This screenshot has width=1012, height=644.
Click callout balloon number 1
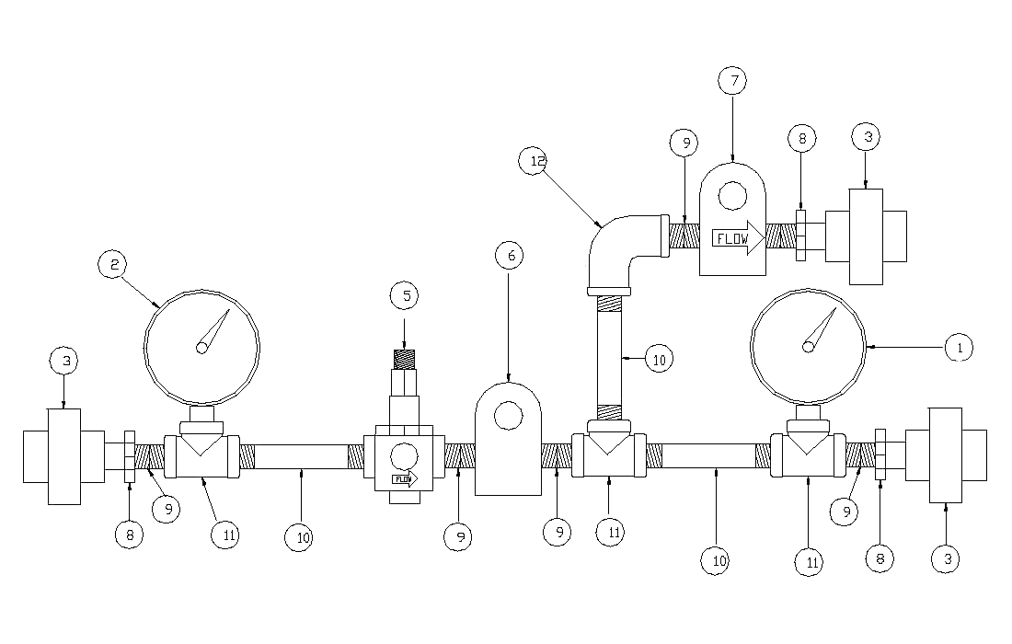pos(959,348)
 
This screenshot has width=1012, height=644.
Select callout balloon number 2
pos(113,265)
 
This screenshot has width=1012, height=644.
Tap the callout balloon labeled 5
pos(404,296)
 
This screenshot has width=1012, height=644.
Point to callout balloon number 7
pos(732,81)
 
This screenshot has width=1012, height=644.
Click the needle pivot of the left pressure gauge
pos(201,347)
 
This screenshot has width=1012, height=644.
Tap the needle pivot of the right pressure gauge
pos(809,346)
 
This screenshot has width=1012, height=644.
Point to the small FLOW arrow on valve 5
pos(404,478)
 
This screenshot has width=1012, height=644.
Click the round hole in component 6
pos(507,417)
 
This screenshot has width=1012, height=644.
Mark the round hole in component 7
pos(732,195)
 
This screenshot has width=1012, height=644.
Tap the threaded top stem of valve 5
pos(404,359)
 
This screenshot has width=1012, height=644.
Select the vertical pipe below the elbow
pos(607,359)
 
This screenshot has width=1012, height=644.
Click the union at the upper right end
pos(866,237)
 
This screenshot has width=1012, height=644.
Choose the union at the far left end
pos(63,456)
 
